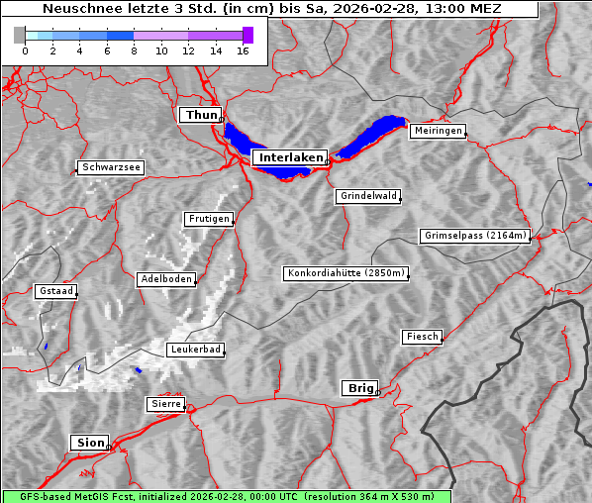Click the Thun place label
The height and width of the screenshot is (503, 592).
[201, 116]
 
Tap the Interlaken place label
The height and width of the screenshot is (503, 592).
[289, 157]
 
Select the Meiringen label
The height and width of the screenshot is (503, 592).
[438, 131]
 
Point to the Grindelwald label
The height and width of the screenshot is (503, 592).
[369, 196]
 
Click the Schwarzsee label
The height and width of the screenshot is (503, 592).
[111, 167]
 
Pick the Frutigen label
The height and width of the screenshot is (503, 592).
[208, 219]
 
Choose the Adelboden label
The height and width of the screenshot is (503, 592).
[165, 279]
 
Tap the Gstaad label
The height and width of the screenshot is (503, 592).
[55, 291]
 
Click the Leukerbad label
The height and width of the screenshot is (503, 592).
[195, 350]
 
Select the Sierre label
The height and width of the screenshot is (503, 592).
[165, 404]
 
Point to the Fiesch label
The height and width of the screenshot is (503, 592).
[422, 337]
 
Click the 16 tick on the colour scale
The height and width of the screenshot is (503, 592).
[243, 50]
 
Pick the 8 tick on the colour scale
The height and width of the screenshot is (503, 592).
[134, 50]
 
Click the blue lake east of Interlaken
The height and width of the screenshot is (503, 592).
[372, 136]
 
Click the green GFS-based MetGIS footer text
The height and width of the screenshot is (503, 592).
[226, 496]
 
